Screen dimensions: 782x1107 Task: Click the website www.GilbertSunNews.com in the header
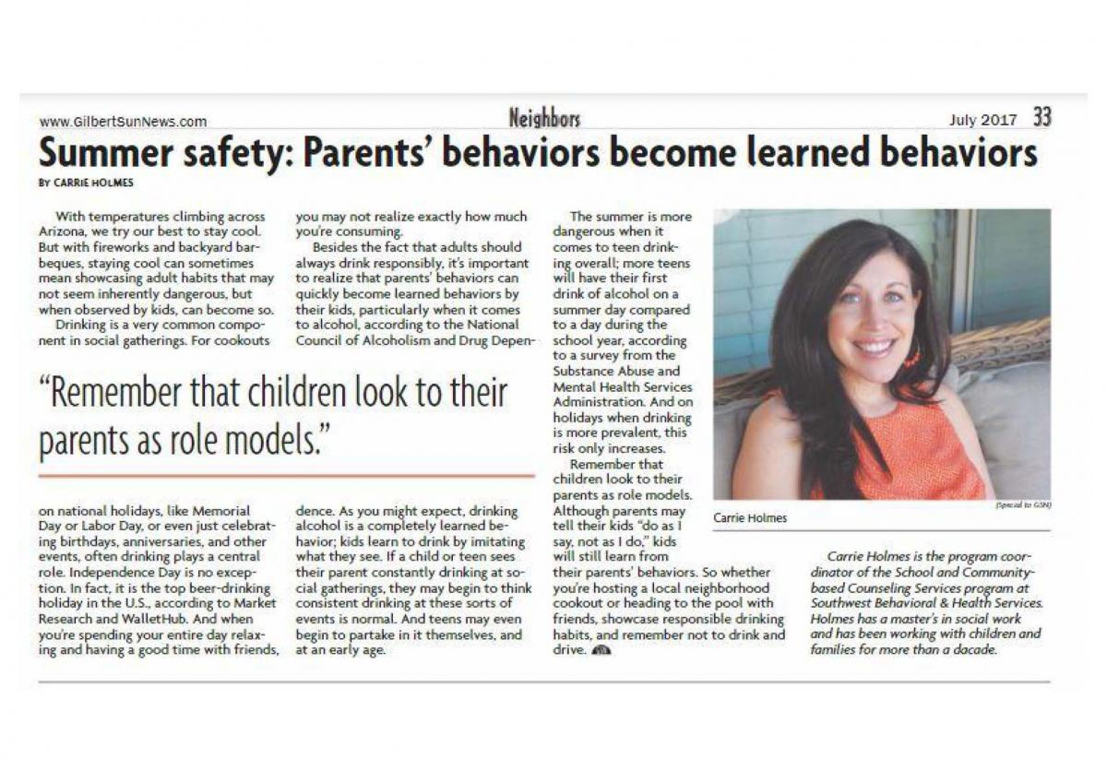[123, 121]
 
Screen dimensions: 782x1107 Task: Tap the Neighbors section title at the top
[544, 118]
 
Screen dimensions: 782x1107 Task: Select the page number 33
[1042, 118]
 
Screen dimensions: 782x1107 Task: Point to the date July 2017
[982, 120]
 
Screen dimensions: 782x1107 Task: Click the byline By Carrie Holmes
[86, 183]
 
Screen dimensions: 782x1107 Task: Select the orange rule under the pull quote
[286, 476]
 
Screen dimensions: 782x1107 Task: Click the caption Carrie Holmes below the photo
[749, 517]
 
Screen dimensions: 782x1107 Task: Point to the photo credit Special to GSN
[1023, 505]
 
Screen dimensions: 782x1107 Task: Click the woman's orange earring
[912, 358]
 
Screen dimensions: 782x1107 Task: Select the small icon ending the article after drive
[601, 650]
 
